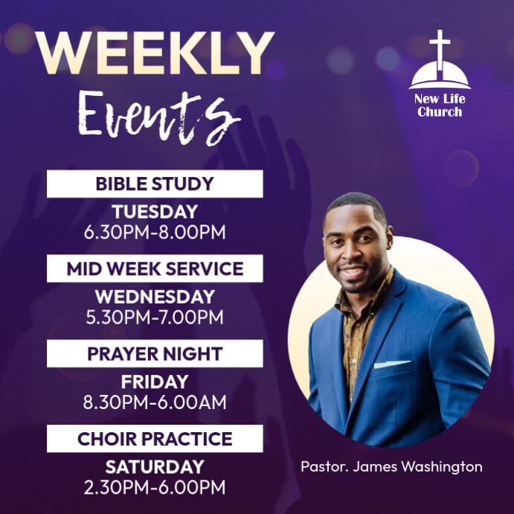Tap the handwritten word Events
[154, 115]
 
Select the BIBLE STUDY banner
[155, 184]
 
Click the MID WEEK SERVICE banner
[155, 269]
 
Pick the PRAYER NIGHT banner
[155, 353]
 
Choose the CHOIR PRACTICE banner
[155, 439]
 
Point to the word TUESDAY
[155, 212]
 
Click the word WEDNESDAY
[155, 297]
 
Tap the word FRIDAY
[155, 382]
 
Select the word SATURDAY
[155, 467]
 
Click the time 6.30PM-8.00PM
[155, 232]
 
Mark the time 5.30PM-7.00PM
[155, 318]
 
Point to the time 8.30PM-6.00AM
[155, 403]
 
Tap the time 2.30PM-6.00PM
[155, 488]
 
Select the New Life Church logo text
[440, 106]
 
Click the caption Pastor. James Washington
[391, 467]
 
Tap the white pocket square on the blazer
[391, 364]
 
